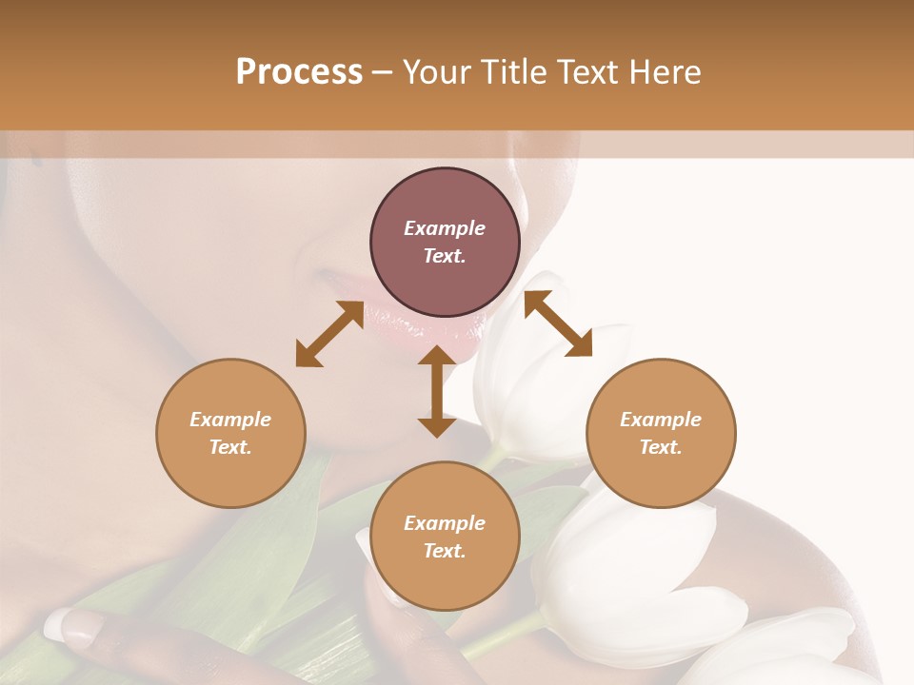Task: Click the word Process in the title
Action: pyautogui.click(x=299, y=72)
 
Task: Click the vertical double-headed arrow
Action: pyautogui.click(x=437, y=391)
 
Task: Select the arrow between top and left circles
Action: pyautogui.click(x=329, y=334)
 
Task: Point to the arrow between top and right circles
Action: pyautogui.click(x=558, y=324)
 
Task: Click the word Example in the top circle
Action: pyautogui.click(x=445, y=228)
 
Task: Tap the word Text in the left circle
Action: pyautogui.click(x=230, y=447)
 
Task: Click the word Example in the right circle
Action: pyautogui.click(x=661, y=420)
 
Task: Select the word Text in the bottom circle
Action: pyautogui.click(x=445, y=551)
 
